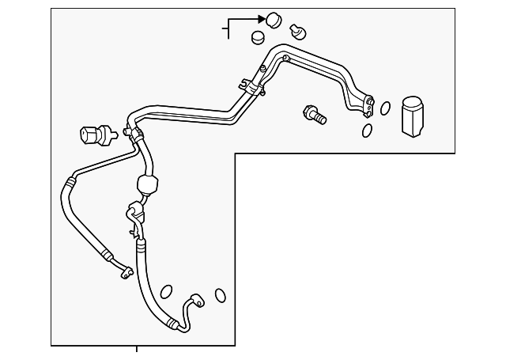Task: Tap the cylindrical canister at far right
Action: (413, 118)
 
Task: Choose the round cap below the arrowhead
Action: (258, 37)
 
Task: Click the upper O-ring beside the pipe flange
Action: (385, 108)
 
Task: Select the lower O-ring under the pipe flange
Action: (368, 130)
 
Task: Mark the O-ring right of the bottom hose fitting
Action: (221, 295)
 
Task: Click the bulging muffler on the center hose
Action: (148, 186)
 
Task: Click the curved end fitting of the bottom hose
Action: (193, 300)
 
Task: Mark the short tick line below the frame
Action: (137, 350)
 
